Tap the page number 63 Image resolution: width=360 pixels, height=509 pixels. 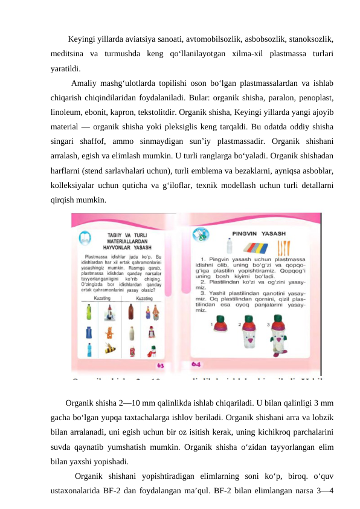pyautogui.click(x=161, y=365)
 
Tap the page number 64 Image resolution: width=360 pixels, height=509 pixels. pyautogui.click(x=197, y=365)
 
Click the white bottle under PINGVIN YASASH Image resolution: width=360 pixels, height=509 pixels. pyautogui.click(x=228, y=248)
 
